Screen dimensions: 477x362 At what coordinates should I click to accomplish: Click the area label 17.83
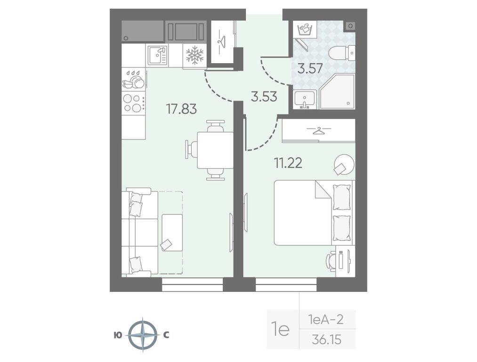point(181,109)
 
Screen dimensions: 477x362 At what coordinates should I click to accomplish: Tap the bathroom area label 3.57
point(310,68)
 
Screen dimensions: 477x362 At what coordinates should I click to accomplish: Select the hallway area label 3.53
point(264,97)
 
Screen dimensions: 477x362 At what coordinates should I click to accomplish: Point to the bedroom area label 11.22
point(288,163)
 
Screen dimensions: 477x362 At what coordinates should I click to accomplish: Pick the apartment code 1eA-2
point(326,320)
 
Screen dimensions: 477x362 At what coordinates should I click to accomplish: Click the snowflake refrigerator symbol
point(194,56)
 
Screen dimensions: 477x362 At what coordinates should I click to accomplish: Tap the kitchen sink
point(157,56)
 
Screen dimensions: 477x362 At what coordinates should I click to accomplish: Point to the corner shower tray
point(337,91)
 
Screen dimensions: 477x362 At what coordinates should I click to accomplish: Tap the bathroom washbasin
point(305,99)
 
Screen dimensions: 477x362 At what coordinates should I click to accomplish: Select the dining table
point(215,150)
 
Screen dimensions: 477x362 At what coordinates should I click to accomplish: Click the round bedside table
point(344,165)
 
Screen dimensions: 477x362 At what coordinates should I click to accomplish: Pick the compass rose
point(143,335)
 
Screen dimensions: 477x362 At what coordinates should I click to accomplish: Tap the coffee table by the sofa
point(172,232)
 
